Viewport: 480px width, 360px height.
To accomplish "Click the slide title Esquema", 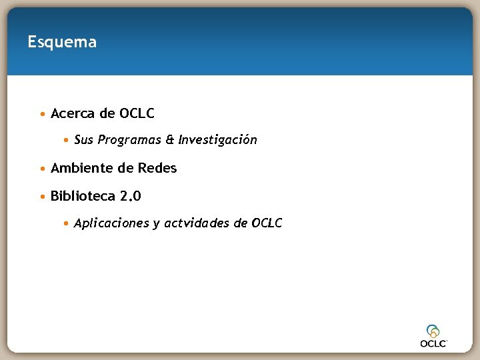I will [62, 42].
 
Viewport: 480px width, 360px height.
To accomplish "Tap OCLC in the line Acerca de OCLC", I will [137, 113].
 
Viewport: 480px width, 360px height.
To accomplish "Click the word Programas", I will [129, 140].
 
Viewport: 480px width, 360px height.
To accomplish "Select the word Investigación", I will [217, 140].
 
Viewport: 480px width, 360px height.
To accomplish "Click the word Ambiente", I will [82, 168].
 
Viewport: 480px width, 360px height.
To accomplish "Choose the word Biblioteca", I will [83, 196].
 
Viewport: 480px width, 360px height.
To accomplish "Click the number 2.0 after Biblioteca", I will [131, 196].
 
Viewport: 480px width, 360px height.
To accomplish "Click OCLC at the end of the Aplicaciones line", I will [267, 223].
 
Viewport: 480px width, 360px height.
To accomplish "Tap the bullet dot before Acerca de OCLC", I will [43, 114].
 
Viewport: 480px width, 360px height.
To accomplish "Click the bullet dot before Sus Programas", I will [67, 141].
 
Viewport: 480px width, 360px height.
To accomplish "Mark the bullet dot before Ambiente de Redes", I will [43, 169].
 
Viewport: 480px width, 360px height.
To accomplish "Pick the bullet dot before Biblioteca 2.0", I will [43, 197].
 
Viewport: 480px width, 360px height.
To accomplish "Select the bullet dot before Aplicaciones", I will [67, 224].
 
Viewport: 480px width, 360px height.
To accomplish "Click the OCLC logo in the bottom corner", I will [433, 335].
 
